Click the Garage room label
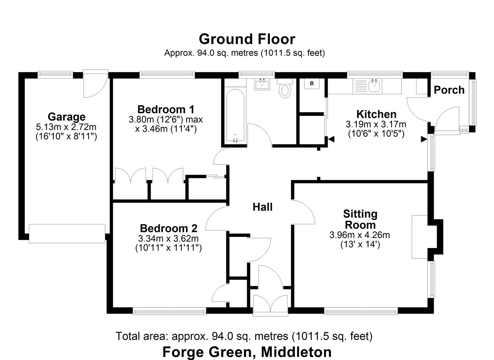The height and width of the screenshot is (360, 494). tap(67, 117)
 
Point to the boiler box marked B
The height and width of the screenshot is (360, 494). tap(312, 84)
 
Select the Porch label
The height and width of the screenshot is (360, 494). tap(449, 90)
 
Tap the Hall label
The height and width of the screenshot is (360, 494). tap(262, 207)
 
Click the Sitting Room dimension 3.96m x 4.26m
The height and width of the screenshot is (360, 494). tap(360, 235)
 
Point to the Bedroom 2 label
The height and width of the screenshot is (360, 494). tap(168, 228)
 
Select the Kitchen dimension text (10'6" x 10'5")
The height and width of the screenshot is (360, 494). tap(376, 134)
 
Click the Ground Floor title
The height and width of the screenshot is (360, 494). tap(247, 39)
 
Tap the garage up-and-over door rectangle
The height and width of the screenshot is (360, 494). tap(67, 233)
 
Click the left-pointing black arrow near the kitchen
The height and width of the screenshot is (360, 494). tap(331, 139)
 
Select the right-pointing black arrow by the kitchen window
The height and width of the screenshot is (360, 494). tap(424, 139)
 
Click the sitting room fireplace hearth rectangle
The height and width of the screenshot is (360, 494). tap(419, 237)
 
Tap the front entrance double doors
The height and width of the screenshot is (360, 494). tap(270, 304)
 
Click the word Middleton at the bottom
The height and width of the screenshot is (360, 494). tap(296, 352)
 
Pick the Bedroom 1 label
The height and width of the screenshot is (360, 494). tap(166, 109)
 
